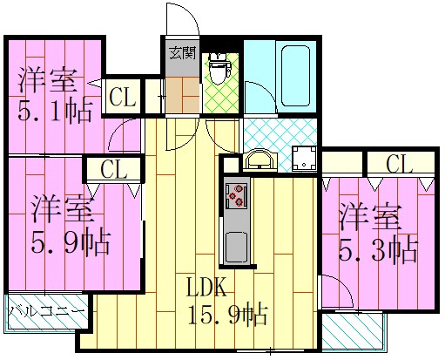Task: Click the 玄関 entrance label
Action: tap(181, 51)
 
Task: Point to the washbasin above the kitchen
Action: tap(260, 159)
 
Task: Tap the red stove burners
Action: tap(236, 198)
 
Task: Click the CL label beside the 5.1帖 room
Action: tap(123, 98)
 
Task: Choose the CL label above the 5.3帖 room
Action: tap(399, 163)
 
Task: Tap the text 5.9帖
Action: tap(71, 242)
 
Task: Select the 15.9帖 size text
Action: tap(228, 313)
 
